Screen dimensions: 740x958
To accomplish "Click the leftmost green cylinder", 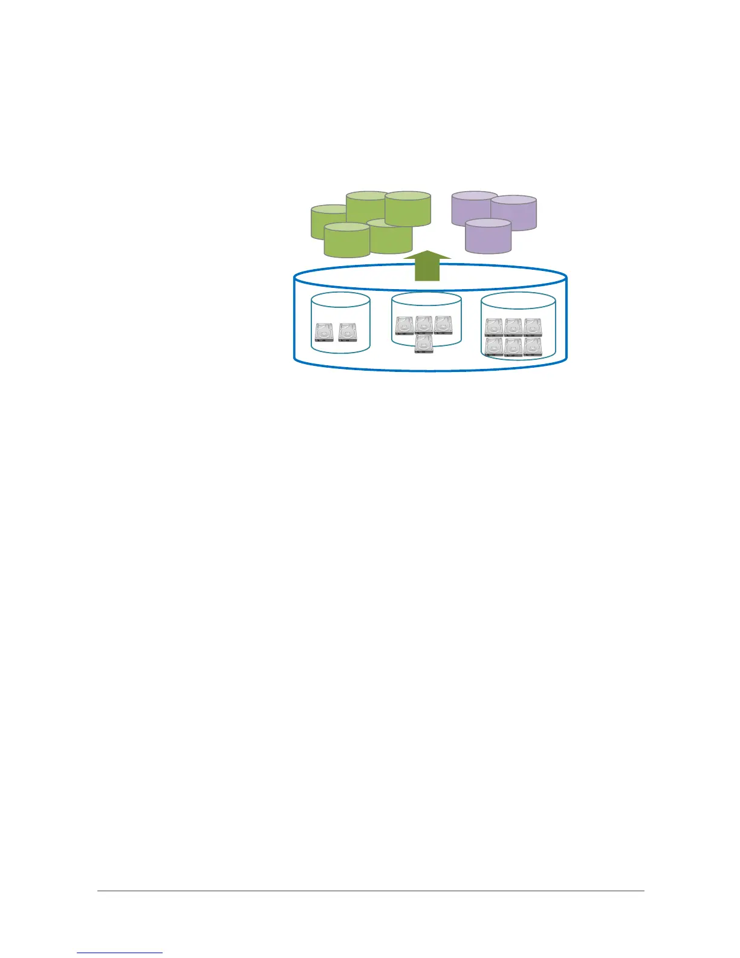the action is click(323, 224).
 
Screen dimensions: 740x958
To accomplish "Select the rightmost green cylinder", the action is click(407, 209).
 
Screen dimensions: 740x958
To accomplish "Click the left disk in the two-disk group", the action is click(324, 332).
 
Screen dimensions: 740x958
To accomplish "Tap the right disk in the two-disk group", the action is click(348, 332).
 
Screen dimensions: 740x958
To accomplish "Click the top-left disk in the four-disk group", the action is click(404, 325).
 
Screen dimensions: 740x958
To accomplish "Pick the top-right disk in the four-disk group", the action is click(443, 325).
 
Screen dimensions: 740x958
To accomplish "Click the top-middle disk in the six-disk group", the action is click(513, 327).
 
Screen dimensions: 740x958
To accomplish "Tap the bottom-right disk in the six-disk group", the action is click(533, 347).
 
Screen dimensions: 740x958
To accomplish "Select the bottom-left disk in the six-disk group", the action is click(494, 347).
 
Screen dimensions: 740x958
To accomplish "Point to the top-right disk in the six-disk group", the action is click(533, 327).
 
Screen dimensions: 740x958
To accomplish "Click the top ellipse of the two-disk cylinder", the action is click(340, 300).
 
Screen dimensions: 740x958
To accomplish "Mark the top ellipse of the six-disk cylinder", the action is click(518, 301).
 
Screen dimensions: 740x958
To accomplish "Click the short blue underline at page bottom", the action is click(120, 953).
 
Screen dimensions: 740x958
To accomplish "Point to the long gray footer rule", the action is click(371, 890).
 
